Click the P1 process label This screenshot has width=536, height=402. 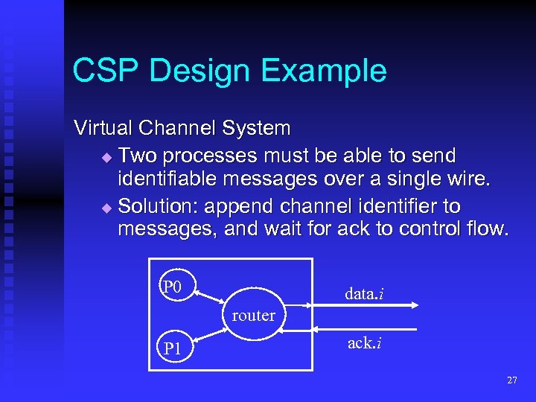pos(173,348)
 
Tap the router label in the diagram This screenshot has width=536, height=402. pos(253,316)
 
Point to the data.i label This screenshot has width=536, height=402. pos(364,293)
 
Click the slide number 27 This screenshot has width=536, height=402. pos(511,380)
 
